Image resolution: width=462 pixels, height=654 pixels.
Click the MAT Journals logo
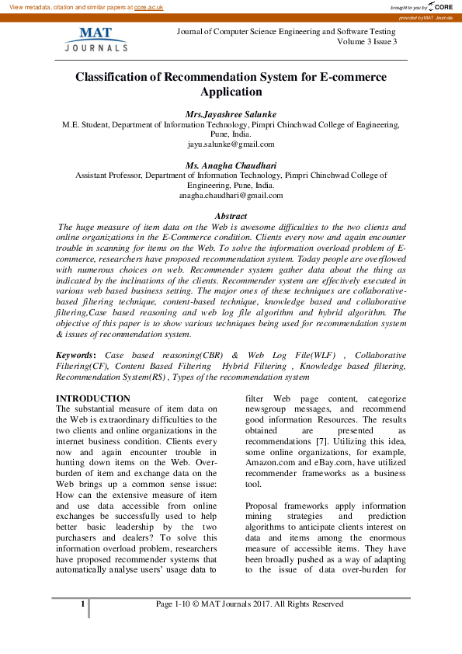pos(96,39)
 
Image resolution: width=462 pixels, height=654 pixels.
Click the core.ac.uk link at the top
pos(148,6)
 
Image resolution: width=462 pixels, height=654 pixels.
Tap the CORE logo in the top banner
pos(441,6)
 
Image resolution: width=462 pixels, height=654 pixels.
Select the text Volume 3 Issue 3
pos(367,41)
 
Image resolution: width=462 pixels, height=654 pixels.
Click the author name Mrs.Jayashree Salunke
pos(231,113)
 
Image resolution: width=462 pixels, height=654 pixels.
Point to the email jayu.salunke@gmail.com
pos(231,144)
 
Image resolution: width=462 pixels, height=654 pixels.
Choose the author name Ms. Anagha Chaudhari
pos(231,165)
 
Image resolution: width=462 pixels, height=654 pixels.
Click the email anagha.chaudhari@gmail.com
pos(231,196)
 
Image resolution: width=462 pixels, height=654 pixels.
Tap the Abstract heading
pos(231,216)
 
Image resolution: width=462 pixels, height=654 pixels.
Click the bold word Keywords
pos(75,355)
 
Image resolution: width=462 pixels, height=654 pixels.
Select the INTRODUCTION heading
pos(93,398)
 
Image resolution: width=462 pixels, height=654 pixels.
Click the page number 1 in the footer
pos(82,604)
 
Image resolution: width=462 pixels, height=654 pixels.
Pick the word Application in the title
pos(231,92)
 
